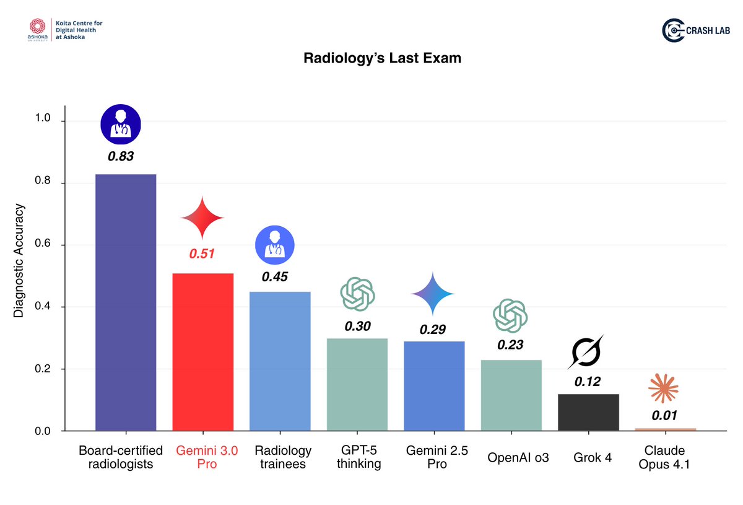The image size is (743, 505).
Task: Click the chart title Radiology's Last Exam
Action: click(x=382, y=58)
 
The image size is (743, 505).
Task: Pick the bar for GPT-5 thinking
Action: click(x=357, y=384)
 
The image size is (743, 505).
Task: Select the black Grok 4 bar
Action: click(x=589, y=412)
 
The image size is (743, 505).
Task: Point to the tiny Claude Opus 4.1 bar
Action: click(x=666, y=429)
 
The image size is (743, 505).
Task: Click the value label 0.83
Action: click(x=121, y=157)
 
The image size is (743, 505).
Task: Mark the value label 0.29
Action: click(x=433, y=330)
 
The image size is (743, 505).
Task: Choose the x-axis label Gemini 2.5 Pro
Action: click(x=433, y=457)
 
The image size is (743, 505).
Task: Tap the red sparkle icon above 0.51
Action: click(x=202, y=217)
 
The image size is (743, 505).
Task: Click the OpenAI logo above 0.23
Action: click(x=510, y=316)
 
